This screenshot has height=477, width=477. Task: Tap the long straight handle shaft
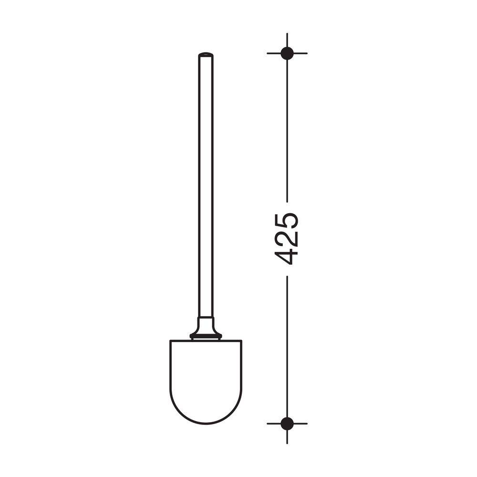(206, 186)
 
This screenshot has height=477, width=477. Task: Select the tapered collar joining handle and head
(206, 325)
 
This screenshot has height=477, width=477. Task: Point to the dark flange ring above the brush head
(206, 336)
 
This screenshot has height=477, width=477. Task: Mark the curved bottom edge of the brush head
(206, 423)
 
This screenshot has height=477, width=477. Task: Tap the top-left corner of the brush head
(170, 340)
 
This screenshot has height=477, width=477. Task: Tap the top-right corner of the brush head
(242, 340)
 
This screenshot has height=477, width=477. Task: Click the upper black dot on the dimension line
(287, 53)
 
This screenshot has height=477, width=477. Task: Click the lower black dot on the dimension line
(287, 424)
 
